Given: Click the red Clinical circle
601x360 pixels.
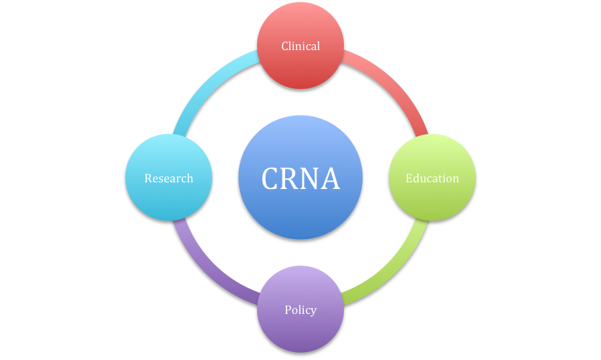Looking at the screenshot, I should coord(300,63).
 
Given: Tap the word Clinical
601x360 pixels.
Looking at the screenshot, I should coord(300,46).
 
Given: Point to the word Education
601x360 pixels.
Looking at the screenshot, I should coord(432,178).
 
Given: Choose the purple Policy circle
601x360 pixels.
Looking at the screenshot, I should coord(300,327).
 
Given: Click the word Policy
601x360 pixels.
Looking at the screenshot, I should coord(300,310).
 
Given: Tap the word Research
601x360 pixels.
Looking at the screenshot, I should coord(168,178).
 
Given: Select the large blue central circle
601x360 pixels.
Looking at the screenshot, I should coord(300,214).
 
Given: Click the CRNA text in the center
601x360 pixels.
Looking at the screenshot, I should coord(300,178).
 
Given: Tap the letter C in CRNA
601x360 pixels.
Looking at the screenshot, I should coord(272,178).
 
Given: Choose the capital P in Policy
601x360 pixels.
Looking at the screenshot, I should coord(288,310).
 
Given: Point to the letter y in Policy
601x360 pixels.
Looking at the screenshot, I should coord(313,311).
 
